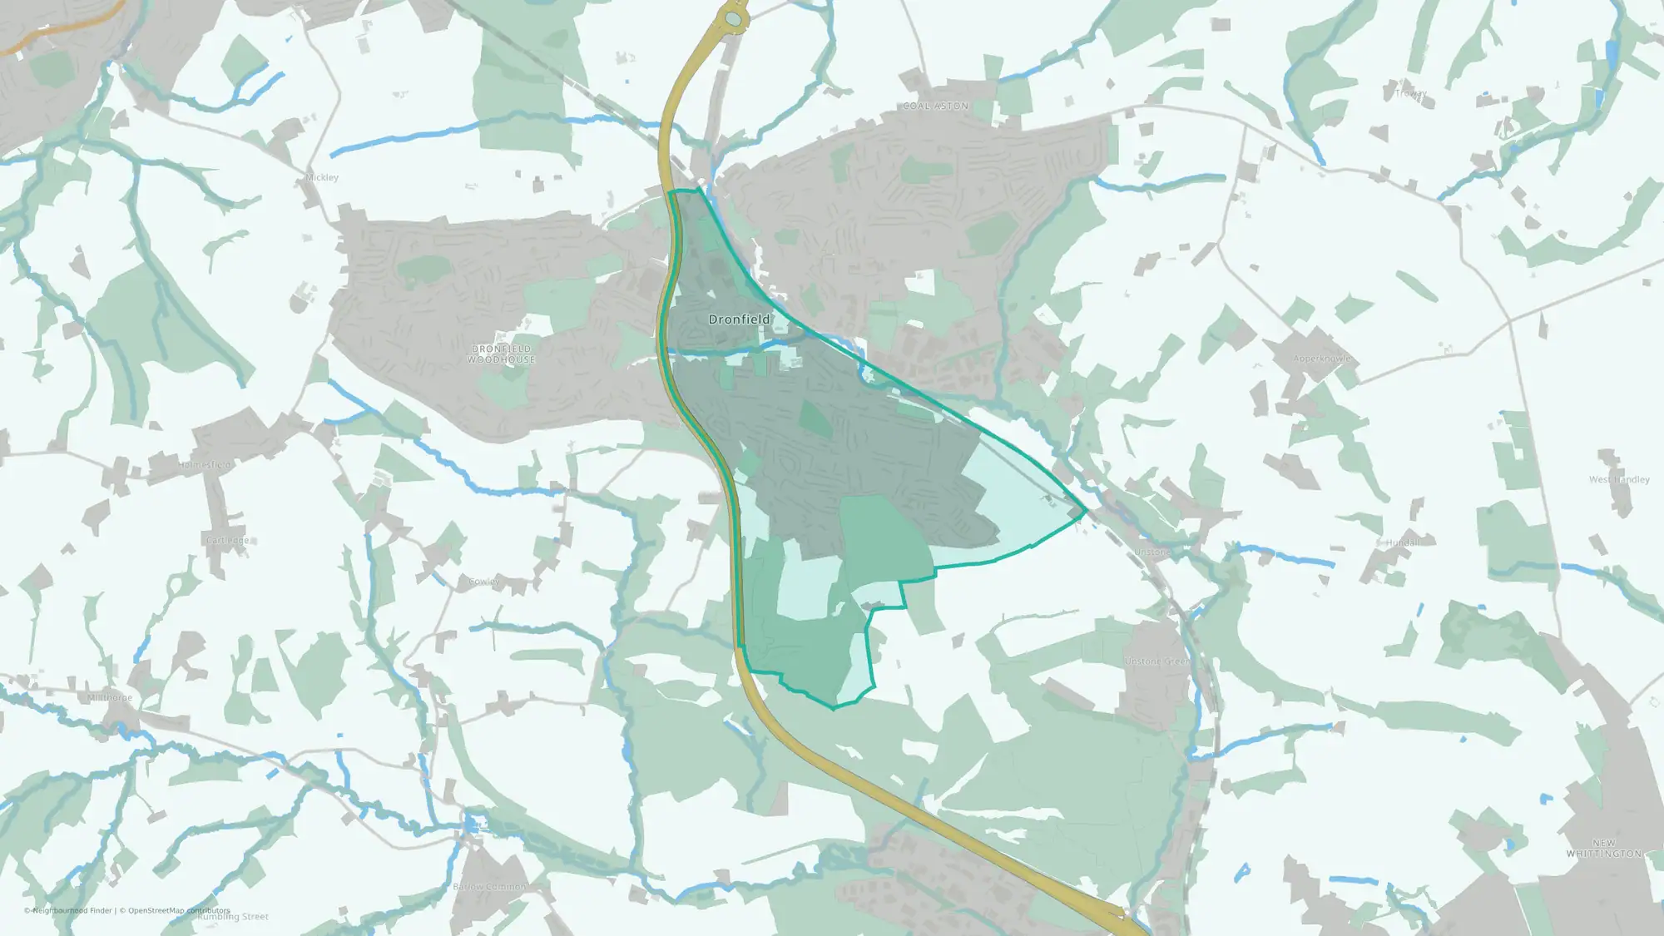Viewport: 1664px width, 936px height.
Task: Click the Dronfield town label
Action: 739,319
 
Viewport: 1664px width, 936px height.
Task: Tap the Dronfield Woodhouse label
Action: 501,354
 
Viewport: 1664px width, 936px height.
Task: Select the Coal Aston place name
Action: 935,106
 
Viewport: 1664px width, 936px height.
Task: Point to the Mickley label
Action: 322,177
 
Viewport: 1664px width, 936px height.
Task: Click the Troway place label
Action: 1410,94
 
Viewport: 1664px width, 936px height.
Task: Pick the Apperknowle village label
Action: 1321,359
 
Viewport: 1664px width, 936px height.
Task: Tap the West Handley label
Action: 1618,479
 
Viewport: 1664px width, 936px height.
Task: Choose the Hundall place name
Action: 1402,542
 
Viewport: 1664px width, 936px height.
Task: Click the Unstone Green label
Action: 1156,661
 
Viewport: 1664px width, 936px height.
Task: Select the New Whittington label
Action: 1603,849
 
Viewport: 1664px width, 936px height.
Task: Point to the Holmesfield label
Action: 206,465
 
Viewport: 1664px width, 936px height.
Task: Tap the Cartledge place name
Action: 227,541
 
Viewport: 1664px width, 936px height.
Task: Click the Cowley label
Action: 483,582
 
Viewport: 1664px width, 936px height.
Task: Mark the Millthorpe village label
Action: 110,698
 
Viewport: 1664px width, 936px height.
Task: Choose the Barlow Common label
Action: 488,887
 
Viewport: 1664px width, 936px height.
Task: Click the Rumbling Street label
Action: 233,918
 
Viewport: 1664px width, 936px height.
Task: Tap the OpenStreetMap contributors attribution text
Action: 174,910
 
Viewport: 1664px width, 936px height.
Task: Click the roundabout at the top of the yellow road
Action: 732,18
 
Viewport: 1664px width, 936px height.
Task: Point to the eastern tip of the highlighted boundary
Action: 1086,513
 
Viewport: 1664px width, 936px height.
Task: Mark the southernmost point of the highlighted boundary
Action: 834,708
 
